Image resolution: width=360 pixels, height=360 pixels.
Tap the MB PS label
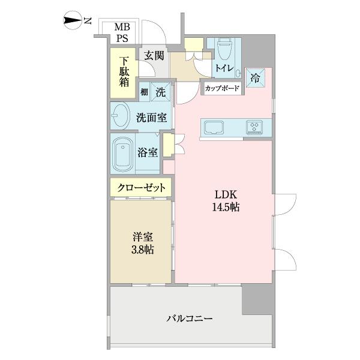pyautogui.click(x=122, y=32)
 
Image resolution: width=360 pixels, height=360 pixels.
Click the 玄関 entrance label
pyautogui.click(x=154, y=56)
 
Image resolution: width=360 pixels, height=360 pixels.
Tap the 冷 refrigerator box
pyautogui.click(x=255, y=77)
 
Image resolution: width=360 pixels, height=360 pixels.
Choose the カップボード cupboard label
pyautogui.click(x=222, y=89)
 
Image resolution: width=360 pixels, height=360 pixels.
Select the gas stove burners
pyautogui.click(x=255, y=127)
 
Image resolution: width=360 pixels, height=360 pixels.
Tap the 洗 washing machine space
pyautogui.click(x=161, y=92)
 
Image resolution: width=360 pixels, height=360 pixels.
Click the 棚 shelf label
pyautogui.click(x=145, y=92)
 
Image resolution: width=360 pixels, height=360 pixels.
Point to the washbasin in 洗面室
pyautogui.click(x=122, y=115)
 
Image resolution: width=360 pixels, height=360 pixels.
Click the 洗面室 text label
pyautogui.click(x=151, y=118)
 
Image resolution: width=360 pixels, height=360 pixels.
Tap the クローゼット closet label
pyautogui.click(x=142, y=187)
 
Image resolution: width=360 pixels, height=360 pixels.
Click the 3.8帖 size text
pyautogui.click(x=143, y=249)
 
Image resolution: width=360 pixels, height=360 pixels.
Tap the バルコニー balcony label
pyautogui.click(x=190, y=318)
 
